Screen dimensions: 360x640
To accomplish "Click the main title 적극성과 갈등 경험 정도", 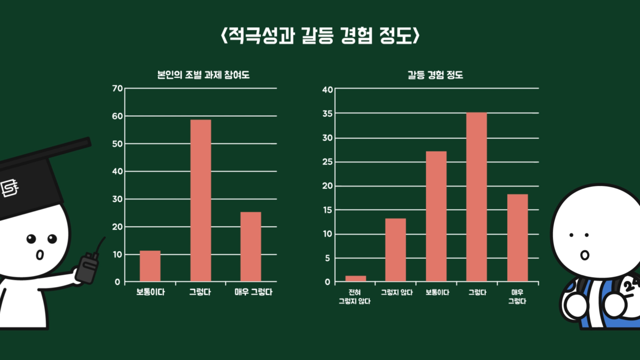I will pos(320,37).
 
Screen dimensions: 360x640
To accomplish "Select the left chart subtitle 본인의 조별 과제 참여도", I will pos(200,75).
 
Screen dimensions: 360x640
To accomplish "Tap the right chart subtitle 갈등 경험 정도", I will pos(435,75).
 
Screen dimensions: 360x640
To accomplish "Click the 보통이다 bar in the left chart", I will pos(150,266).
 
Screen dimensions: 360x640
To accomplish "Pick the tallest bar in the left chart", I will pos(201,201).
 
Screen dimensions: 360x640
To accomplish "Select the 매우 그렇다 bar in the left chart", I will pos(251,246).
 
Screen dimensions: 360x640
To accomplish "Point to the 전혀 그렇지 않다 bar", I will pos(356,278).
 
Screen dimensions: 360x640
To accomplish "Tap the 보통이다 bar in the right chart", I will pos(436,216).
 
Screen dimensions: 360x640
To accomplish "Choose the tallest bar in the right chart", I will pos(476,197).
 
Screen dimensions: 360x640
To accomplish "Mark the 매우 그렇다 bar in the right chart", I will pos(517,237).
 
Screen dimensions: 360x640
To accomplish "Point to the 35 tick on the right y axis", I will pos(327,114).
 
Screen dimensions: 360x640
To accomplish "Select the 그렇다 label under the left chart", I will pos(201,292).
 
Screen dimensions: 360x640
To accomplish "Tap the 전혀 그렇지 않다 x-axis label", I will pos(355,297).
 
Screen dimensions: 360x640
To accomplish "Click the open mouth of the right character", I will pos(584,255).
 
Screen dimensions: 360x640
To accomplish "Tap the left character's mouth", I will pos(39,255).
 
